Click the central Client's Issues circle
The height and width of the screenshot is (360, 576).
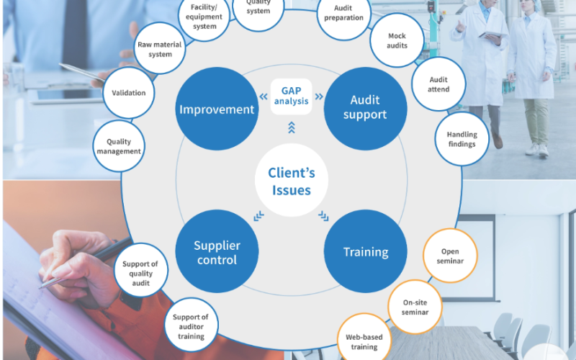click(291, 181)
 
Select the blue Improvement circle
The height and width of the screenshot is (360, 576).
click(217, 109)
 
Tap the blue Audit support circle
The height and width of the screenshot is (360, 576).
click(365, 108)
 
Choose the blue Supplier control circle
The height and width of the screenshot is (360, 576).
click(216, 251)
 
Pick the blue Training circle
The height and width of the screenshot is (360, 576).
click(365, 252)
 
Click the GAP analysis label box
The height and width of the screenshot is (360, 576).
click(291, 96)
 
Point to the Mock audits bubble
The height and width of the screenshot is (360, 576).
click(397, 40)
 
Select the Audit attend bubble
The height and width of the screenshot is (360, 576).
click(438, 84)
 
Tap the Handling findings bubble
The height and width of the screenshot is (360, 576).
click(462, 139)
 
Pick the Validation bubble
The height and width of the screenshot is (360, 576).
click(129, 93)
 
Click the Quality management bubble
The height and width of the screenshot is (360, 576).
click(119, 147)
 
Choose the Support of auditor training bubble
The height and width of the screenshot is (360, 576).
click(191, 326)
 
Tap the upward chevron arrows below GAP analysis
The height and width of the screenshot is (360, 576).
click(291, 127)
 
